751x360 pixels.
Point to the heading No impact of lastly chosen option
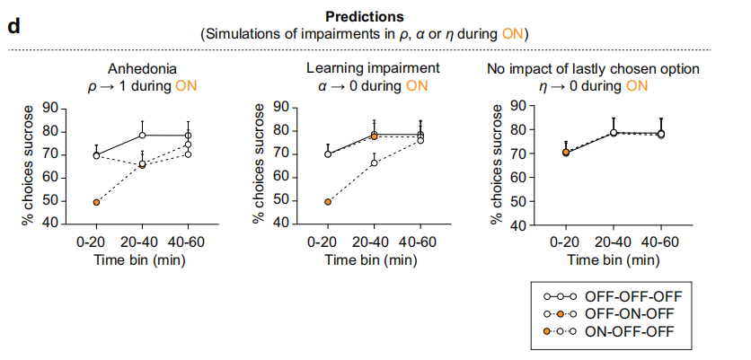pyautogui.click(x=593, y=69)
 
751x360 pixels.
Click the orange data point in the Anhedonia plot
pyautogui.click(x=96, y=202)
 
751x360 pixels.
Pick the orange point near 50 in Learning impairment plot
pyautogui.click(x=327, y=202)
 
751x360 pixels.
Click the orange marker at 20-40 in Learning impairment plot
pyautogui.click(x=374, y=136)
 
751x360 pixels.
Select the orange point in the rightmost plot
pyautogui.click(x=565, y=152)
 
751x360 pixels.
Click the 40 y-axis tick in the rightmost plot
pyautogui.click(x=519, y=224)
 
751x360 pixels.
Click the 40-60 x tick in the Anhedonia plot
pyautogui.click(x=188, y=241)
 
